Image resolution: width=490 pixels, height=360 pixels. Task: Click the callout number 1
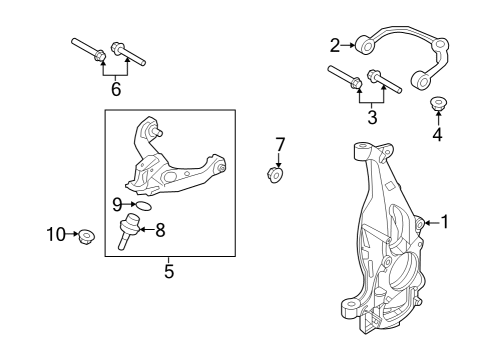click(x=445, y=222)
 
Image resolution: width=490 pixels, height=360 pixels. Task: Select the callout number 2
click(x=336, y=44)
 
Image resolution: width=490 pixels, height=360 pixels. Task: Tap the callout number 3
click(x=373, y=118)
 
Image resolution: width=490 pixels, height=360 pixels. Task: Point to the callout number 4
click(x=437, y=135)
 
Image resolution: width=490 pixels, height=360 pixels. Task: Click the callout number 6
click(x=116, y=89)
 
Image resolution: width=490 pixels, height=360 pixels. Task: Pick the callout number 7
click(x=280, y=144)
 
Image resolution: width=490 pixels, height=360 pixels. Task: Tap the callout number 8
click(x=160, y=230)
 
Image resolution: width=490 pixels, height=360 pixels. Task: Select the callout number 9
click(x=117, y=204)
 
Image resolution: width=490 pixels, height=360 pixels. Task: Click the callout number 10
click(x=54, y=235)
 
